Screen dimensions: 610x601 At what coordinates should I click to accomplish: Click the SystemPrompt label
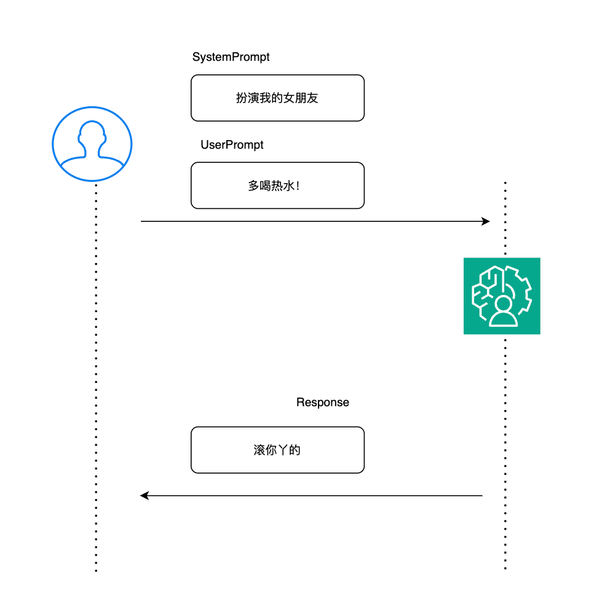pyautogui.click(x=231, y=57)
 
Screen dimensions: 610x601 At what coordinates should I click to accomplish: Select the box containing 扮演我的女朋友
pyautogui.click(x=277, y=98)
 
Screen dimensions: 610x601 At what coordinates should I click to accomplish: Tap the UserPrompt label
pyautogui.click(x=232, y=145)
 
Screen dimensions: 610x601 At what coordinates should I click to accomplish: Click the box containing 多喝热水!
pyautogui.click(x=277, y=186)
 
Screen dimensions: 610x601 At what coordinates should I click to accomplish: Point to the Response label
pyautogui.click(x=322, y=403)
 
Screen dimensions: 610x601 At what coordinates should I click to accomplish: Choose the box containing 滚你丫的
pyautogui.click(x=277, y=450)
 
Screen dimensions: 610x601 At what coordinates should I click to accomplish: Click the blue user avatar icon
pyautogui.click(x=92, y=144)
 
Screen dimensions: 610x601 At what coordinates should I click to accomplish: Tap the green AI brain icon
pyautogui.click(x=502, y=296)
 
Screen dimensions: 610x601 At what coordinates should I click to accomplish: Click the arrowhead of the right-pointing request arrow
pyautogui.click(x=486, y=221)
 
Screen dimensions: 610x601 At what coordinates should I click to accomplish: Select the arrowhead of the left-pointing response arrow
pyautogui.click(x=145, y=495)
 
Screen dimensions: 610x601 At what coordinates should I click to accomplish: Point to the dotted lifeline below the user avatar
pyautogui.click(x=96, y=378)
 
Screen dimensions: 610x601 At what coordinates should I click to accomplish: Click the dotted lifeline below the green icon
pyautogui.click(x=505, y=454)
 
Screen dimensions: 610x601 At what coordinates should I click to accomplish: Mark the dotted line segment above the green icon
pyautogui.click(x=505, y=218)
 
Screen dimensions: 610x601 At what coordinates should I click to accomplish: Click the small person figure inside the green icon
pyautogui.click(x=504, y=311)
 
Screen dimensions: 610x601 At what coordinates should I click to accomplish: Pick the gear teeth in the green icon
pyautogui.click(x=520, y=289)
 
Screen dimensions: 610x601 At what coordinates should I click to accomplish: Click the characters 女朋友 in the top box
pyautogui.click(x=301, y=98)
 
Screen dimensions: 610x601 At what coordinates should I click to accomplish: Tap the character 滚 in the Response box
pyautogui.click(x=259, y=450)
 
